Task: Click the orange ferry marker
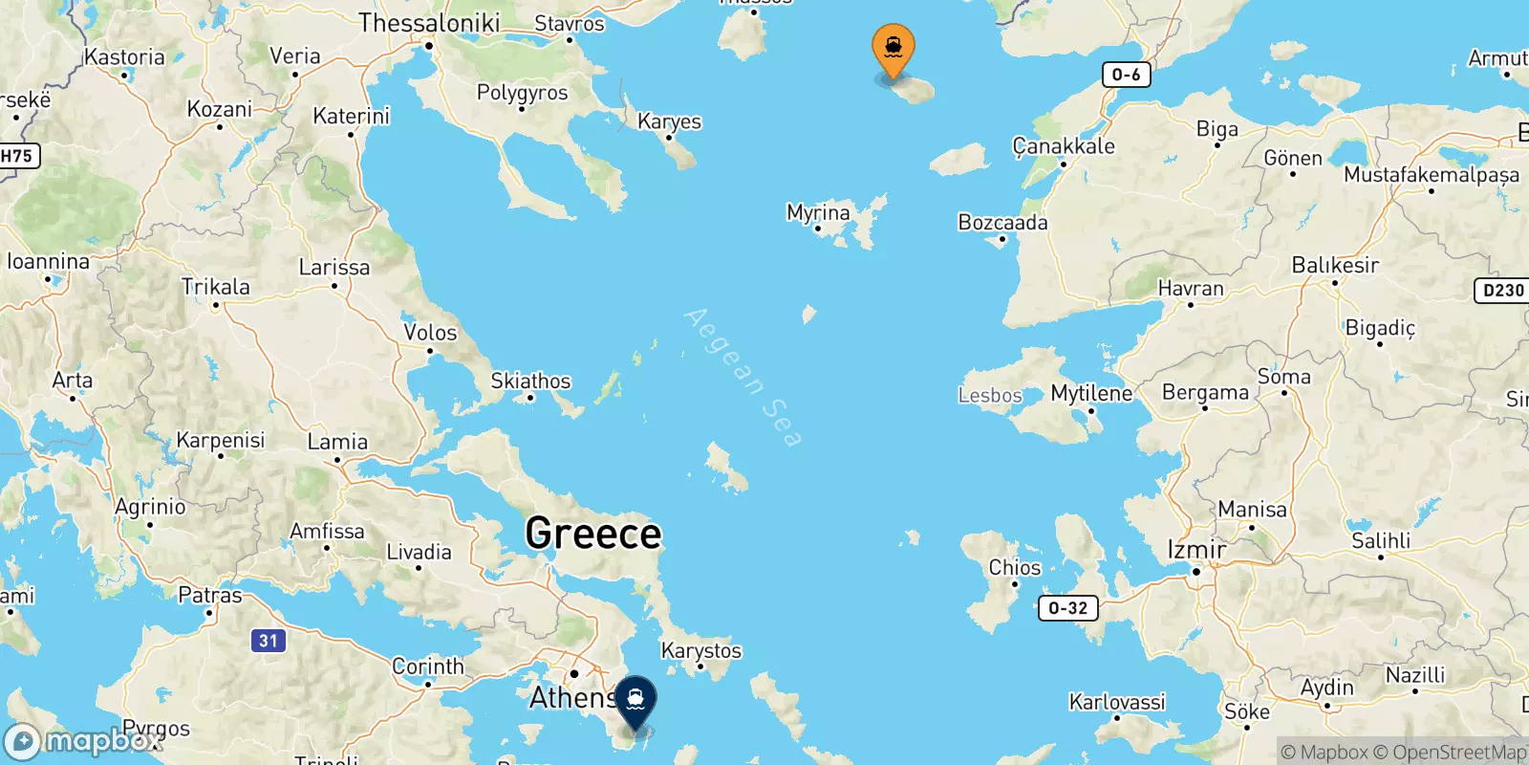tap(893, 49)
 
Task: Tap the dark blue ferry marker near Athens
tap(635, 702)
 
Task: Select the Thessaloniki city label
tap(429, 22)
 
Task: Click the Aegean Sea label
tap(743, 378)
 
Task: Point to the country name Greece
tap(593, 533)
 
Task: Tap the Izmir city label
tap(1196, 550)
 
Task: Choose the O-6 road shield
tap(1126, 75)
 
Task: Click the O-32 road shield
tap(1067, 608)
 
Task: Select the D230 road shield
tap(1502, 290)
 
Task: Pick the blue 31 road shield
tap(269, 641)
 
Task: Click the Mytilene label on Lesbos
tap(1091, 393)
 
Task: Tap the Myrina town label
tap(818, 212)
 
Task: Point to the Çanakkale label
tap(1064, 146)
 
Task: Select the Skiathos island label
tap(530, 381)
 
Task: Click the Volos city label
tap(430, 333)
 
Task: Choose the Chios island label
tap(1015, 567)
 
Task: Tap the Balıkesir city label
tap(1335, 265)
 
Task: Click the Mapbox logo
tap(84, 742)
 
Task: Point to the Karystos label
tap(701, 650)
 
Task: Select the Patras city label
tap(210, 595)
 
